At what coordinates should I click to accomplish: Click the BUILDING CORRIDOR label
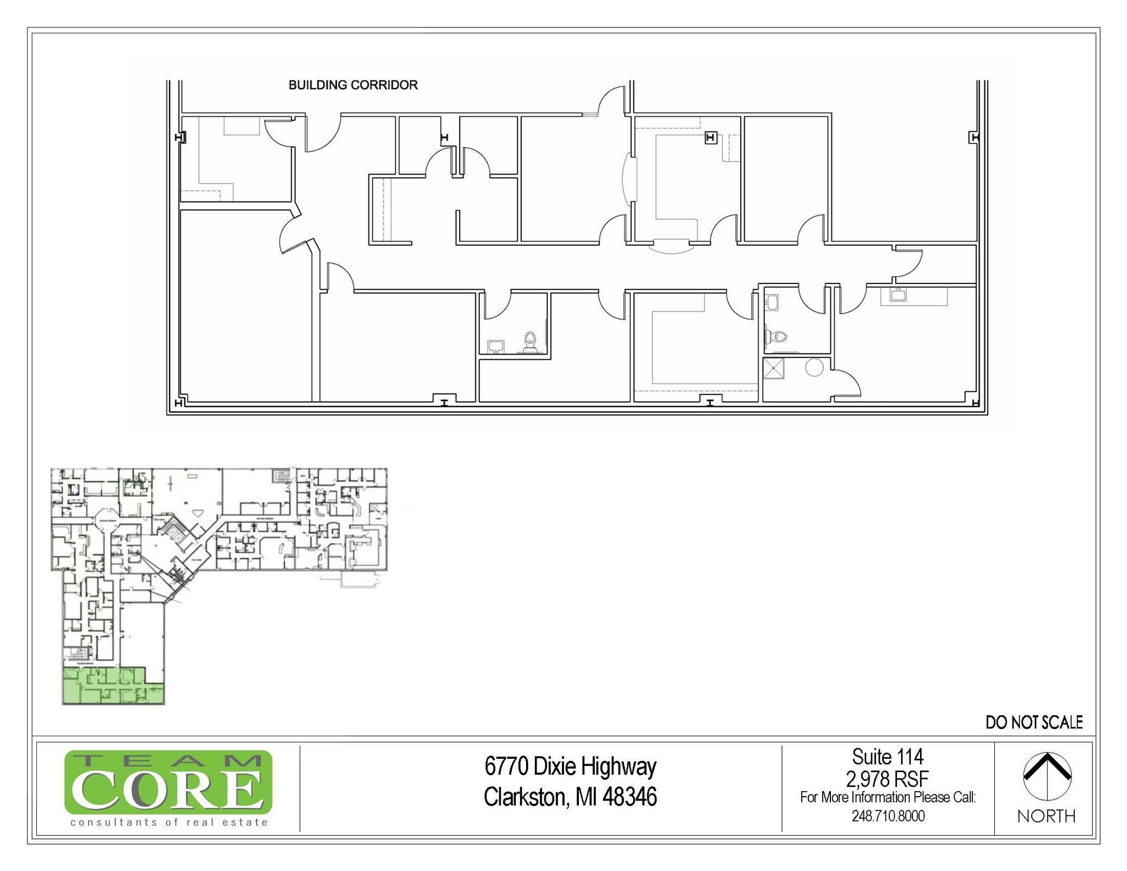point(353,85)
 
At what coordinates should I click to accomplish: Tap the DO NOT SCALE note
point(1033,722)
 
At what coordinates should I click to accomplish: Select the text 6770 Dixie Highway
point(570,766)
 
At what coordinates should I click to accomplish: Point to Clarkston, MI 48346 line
point(570,797)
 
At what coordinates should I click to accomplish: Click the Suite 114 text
point(887,757)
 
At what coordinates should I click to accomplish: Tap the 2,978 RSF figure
point(887,779)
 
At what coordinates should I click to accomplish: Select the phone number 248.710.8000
point(888,815)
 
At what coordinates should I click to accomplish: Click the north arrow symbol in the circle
point(1047,775)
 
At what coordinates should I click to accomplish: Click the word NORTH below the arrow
point(1046,816)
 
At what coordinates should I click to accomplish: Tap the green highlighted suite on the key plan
point(113,686)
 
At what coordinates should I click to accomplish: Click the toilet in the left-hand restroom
point(530,342)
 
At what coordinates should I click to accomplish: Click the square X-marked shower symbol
point(774,368)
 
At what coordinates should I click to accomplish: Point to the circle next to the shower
point(814,367)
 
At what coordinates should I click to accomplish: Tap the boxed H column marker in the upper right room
point(710,138)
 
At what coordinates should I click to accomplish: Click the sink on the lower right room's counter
point(898,295)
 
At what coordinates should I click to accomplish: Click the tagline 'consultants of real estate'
point(169,822)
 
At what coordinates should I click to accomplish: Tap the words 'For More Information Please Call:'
point(887,797)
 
